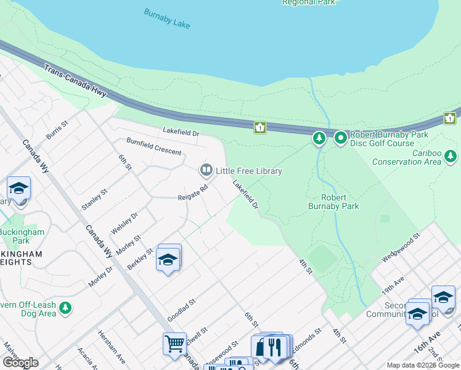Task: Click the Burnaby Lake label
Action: [x=167, y=18]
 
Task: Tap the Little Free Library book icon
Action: [x=206, y=170]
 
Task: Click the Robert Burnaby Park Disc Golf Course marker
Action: [x=340, y=138]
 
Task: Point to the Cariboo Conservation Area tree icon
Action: [x=452, y=157]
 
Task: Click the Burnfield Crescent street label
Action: [x=154, y=147]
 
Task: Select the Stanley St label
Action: [x=95, y=200]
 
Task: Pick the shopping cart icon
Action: [x=174, y=343]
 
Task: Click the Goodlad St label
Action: [x=181, y=310]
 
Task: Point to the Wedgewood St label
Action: [x=401, y=246]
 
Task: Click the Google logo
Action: [x=20, y=363]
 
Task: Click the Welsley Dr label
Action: [x=124, y=223]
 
